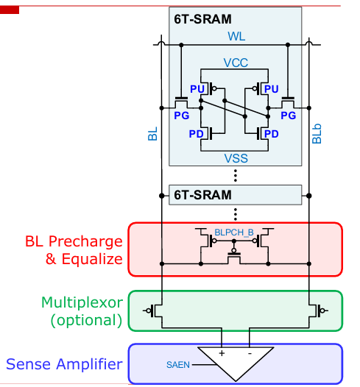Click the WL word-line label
(236, 36)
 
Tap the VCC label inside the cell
(236, 63)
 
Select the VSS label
(236, 158)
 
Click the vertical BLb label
(317, 133)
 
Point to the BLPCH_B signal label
(234, 232)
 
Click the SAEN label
(177, 365)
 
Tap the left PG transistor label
(182, 116)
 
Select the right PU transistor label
(272, 89)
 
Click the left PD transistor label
(196, 134)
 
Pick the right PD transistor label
(272, 134)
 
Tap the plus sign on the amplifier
(222, 353)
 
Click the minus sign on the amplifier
(250, 354)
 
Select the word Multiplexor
(82, 302)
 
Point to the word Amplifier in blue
(89, 364)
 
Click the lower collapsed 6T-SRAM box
(235, 195)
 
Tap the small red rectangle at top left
(10, 10)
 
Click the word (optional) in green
(86, 320)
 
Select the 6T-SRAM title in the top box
(202, 19)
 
